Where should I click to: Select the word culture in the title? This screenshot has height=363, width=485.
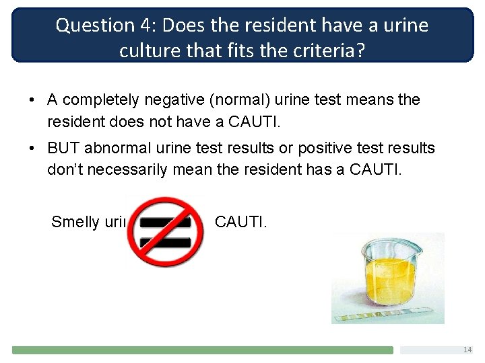pos(152,50)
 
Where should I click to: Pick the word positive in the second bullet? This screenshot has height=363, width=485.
pos(280,148)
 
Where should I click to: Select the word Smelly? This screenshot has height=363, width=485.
pos(75,222)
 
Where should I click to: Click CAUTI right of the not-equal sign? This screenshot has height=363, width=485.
pos(240,222)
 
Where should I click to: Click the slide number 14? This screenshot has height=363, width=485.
pos(467,350)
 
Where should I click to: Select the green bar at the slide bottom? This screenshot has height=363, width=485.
pos(202,350)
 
